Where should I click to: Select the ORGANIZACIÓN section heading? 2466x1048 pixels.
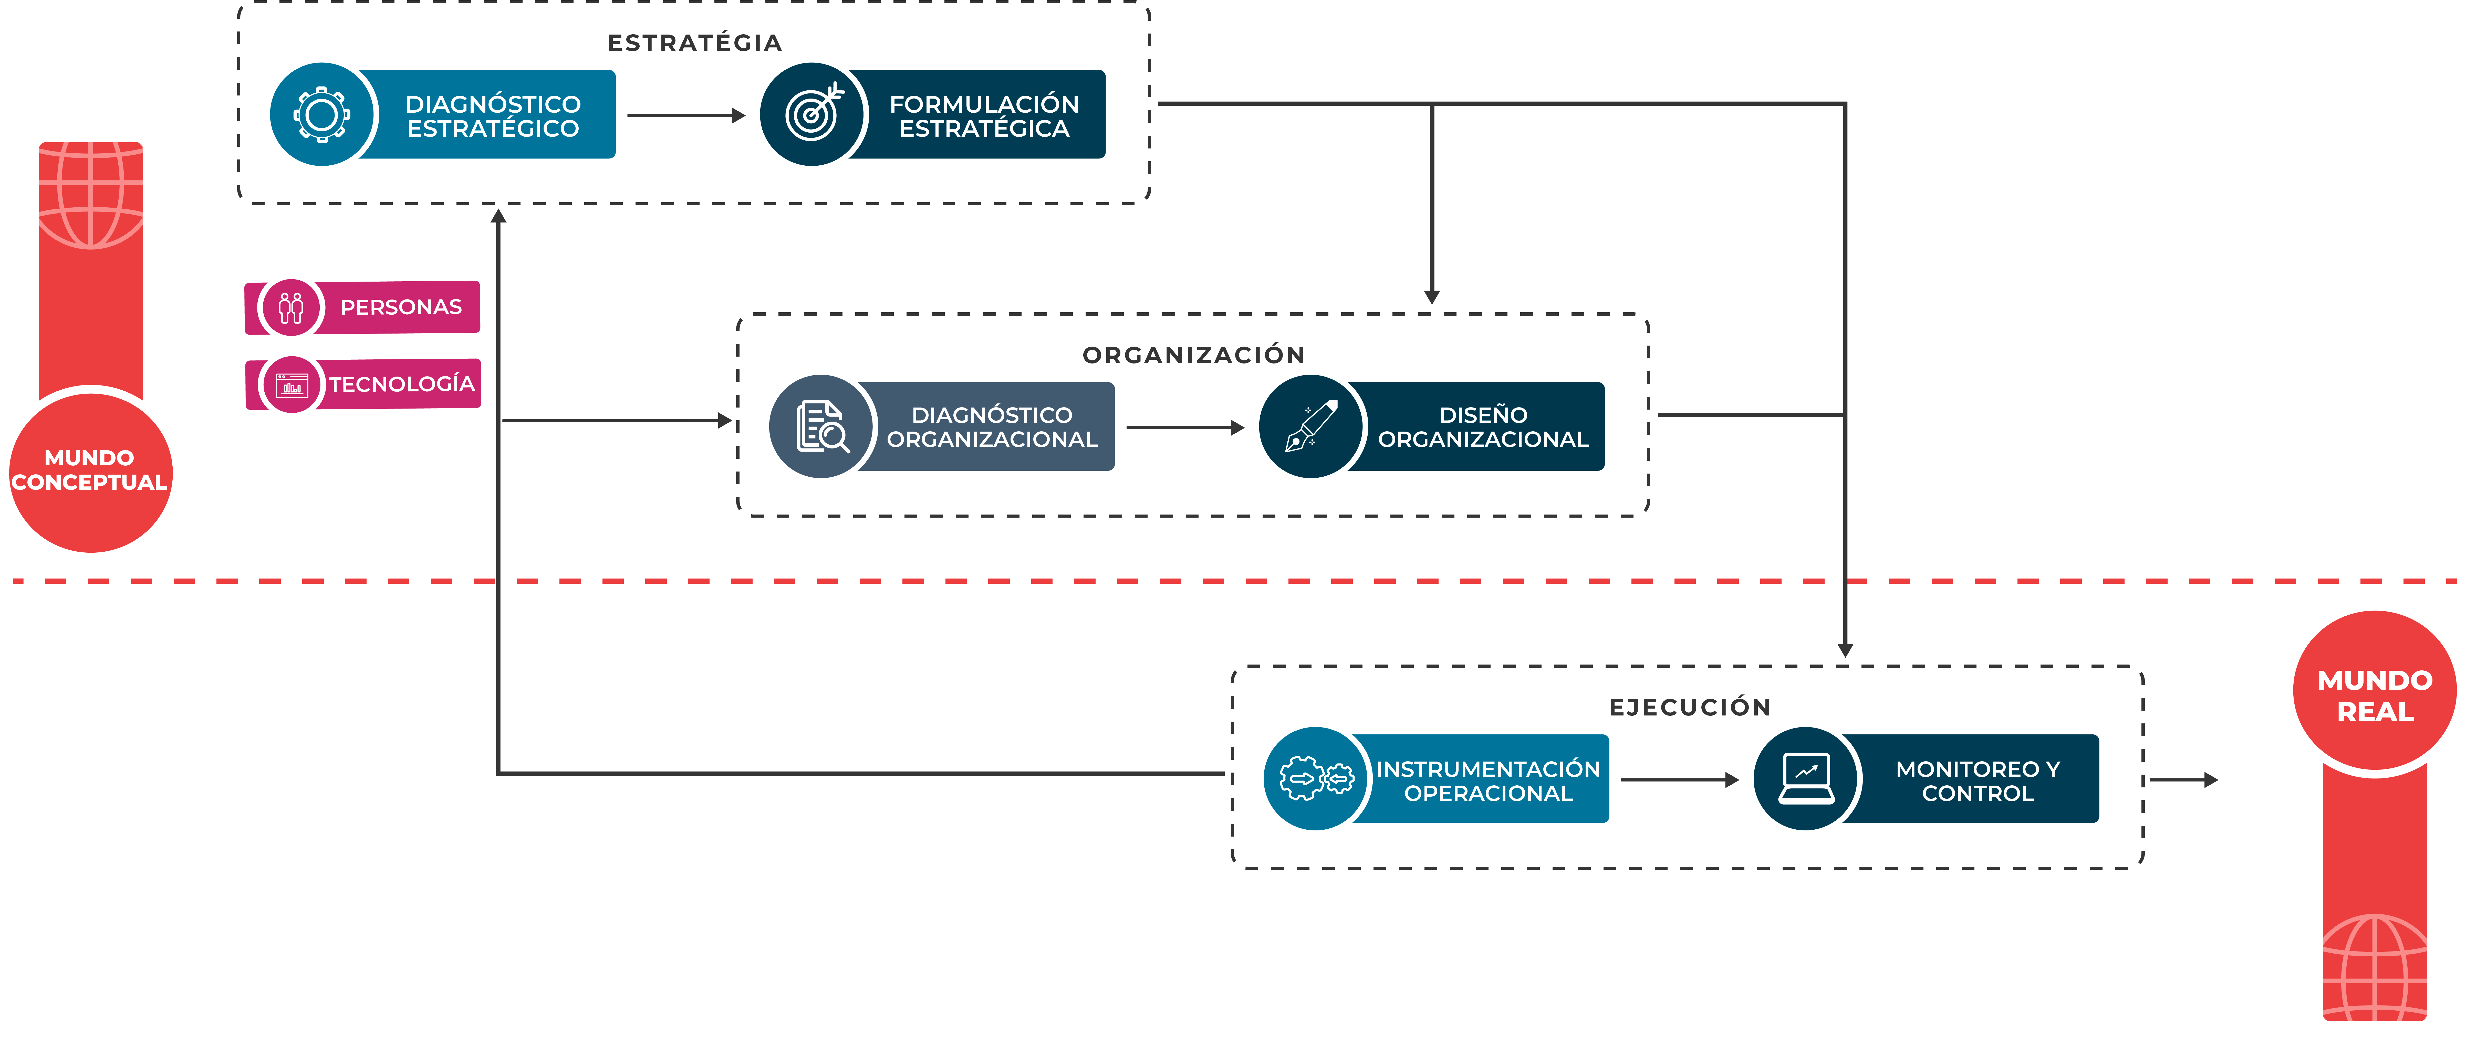click(x=1194, y=355)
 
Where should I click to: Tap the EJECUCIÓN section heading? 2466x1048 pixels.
click(x=1690, y=707)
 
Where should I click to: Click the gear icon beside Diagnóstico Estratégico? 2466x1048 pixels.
click(x=322, y=115)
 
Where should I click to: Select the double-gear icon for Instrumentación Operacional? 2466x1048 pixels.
click(x=1316, y=778)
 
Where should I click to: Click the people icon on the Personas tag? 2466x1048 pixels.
click(x=291, y=307)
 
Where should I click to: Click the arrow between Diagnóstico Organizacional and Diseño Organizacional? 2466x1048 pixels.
click(x=1185, y=428)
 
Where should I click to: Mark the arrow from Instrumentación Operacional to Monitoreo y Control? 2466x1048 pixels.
click(x=1679, y=780)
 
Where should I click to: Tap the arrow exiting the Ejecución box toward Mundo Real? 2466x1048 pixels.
click(x=2184, y=780)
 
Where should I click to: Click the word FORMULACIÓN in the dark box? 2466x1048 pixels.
click(x=984, y=103)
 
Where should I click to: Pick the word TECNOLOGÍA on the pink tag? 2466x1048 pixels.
click(x=402, y=384)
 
